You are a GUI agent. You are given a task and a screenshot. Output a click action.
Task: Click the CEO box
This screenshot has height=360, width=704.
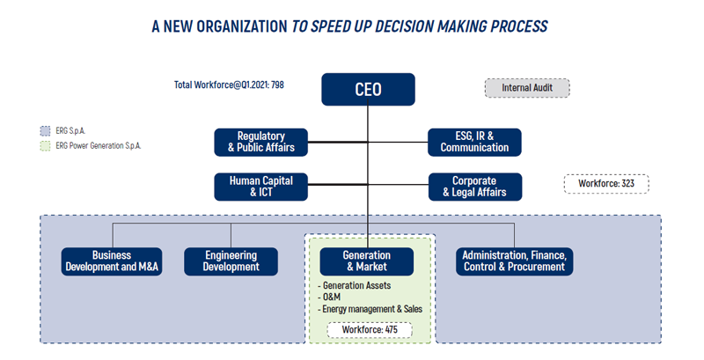pos(368,89)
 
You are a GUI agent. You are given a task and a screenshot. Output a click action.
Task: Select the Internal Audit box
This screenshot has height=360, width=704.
pos(527,88)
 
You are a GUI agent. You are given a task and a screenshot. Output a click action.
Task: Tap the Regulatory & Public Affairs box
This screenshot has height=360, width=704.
pos(260,143)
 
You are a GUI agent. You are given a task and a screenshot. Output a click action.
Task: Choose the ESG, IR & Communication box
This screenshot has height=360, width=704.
pos(474,143)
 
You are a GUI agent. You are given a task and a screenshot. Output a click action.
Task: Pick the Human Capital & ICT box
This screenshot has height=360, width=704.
pos(260,187)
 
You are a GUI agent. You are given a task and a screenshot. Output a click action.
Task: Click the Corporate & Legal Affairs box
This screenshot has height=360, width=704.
pos(475,187)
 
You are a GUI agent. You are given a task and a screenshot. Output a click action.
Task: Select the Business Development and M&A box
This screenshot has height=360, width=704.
pos(112,261)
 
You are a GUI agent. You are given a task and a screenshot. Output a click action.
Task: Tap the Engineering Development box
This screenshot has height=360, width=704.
pos(231,261)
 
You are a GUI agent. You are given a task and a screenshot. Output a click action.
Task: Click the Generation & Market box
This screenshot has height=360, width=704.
pos(367,261)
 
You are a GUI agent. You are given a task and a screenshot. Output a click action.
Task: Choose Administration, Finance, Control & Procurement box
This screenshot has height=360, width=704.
pos(515,261)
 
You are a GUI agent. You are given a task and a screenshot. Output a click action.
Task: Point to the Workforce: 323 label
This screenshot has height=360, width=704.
pos(606,184)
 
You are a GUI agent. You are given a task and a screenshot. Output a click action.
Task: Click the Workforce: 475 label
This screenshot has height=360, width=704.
pos(370,330)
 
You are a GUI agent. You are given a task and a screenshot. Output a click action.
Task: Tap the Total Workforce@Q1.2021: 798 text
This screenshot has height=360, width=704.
pos(229,84)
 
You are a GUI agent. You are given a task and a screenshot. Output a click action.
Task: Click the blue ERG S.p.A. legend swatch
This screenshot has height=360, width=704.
pos(46,131)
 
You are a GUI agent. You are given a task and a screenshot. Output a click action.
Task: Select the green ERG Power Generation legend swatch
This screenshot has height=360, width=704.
pos(46,146)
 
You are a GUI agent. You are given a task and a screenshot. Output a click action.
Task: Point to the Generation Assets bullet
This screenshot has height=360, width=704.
pos(355,285)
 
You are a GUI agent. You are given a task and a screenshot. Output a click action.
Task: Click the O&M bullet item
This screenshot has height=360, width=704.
pos(329,298)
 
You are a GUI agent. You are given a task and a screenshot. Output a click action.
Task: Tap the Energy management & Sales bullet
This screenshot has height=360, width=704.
pos(370,309)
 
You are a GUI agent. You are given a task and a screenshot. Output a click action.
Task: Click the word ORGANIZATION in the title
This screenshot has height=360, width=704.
pos(242,26)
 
